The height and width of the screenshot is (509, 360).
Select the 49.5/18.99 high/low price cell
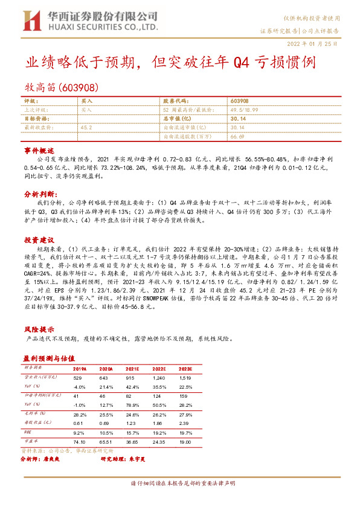(243, 109)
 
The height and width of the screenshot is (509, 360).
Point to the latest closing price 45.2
(86, 128)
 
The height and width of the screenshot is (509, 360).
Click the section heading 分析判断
(39, 195)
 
